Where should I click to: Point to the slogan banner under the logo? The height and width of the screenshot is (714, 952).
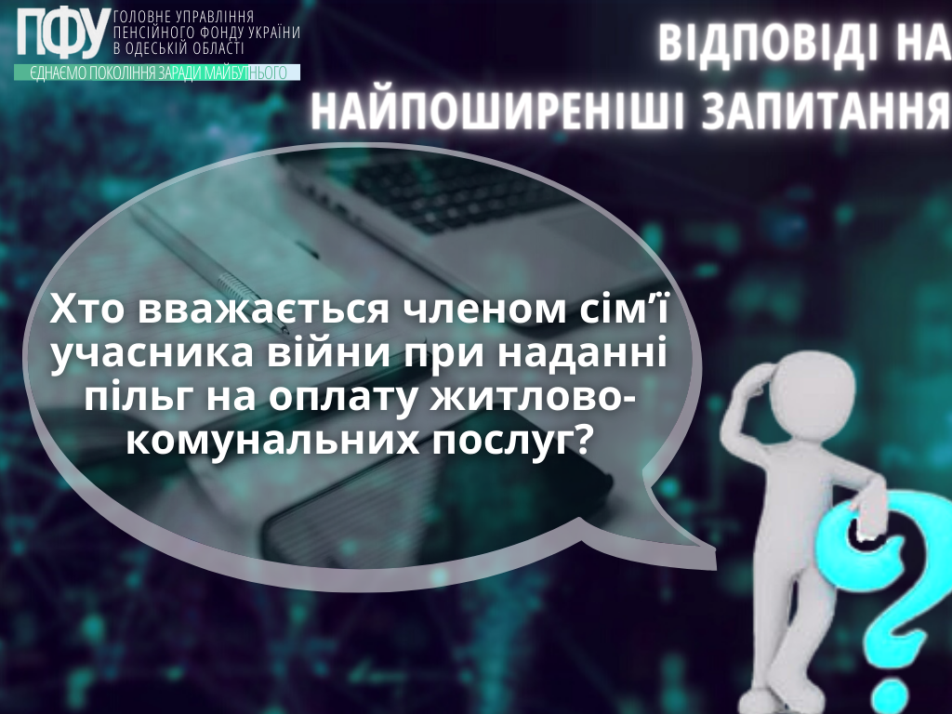[x=157, y=73]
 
